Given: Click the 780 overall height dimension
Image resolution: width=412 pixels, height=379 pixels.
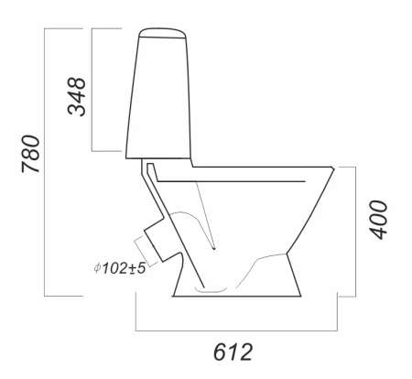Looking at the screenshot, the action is point(30,154).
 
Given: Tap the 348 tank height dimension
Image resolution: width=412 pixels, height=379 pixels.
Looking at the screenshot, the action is point(76,96).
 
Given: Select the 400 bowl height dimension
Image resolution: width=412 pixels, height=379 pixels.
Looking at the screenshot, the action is point(378,220).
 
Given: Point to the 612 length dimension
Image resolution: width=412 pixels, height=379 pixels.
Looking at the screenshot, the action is point(233,352).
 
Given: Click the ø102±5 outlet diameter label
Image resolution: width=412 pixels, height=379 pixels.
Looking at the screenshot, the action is point(120,268).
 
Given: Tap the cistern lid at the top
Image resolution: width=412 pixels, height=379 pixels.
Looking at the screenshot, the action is point(162,32).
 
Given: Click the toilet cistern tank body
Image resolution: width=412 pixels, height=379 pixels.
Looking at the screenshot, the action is point(158,98).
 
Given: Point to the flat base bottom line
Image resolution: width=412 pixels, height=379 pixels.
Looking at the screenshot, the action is point(237,296).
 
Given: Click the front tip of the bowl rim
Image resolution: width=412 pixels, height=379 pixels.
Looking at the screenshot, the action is point(333,168).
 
